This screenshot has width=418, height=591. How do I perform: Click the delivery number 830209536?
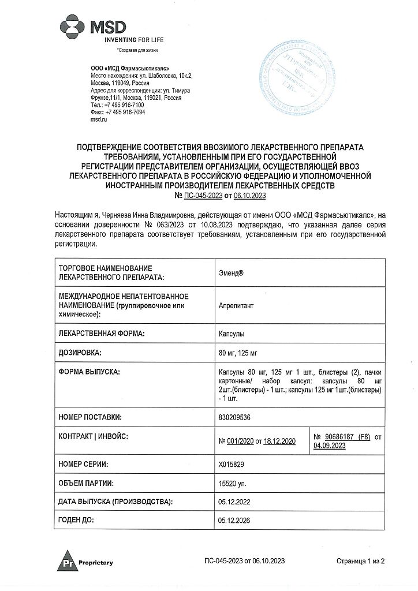click(235, 417)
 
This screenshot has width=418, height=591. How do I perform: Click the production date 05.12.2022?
click(235, 503)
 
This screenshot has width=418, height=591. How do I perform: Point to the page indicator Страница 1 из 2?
click(360, 561)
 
